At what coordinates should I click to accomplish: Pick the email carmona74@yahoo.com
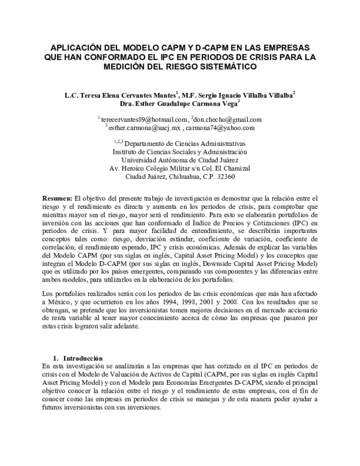(220, 128)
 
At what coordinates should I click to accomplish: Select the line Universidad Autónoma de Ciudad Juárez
(180, 160)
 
